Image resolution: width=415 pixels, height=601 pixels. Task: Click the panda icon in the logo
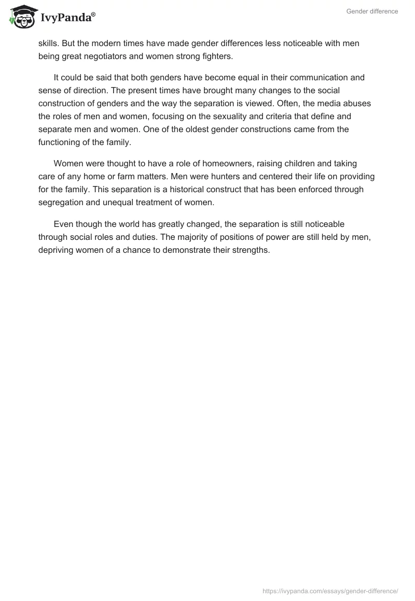[x=21, y=16]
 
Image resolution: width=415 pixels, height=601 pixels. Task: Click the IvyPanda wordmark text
[x=67, y=18]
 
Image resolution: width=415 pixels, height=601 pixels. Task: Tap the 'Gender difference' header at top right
[x=372, y=11]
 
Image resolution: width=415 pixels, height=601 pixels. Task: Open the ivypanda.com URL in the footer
[x=331, y=591]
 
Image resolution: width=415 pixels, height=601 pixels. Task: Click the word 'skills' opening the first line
[x=49, y=43]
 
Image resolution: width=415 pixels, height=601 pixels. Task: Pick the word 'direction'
[x=87, y=91]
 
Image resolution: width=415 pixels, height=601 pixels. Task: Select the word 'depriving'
[x=56, y=250]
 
